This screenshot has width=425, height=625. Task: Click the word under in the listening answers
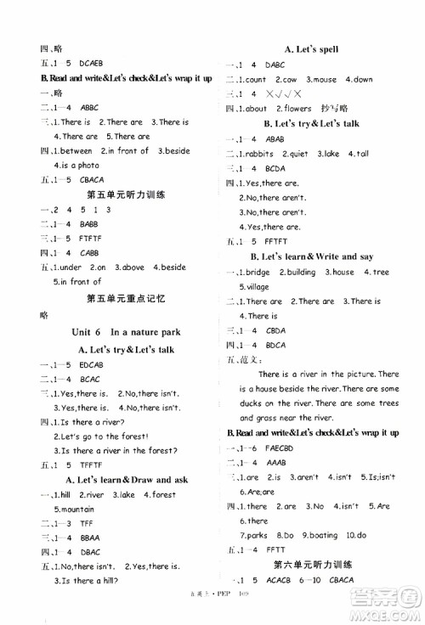[69, 267]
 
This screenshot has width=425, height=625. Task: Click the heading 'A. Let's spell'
[311, 49]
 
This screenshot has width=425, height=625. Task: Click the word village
[261, 287]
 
